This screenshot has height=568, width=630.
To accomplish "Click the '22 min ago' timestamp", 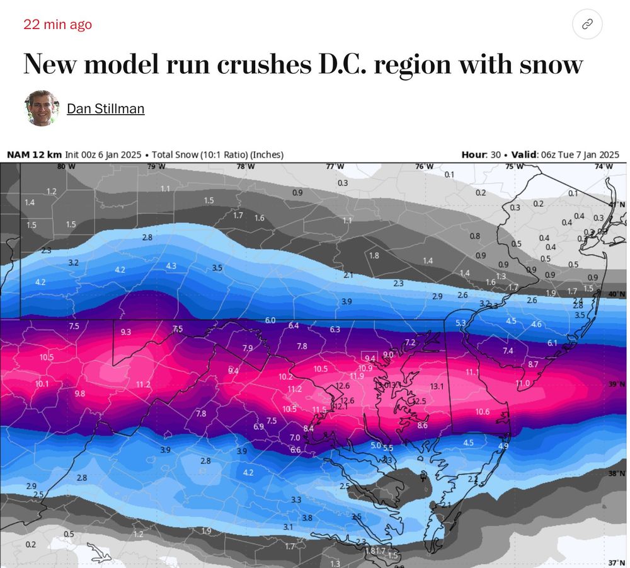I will [57, 25].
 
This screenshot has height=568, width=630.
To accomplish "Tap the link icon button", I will [587, 25].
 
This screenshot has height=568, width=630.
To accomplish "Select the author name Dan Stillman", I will [105, 108].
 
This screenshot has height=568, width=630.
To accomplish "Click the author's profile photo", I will [42, 108].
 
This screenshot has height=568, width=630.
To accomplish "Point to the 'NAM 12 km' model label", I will [34, 154].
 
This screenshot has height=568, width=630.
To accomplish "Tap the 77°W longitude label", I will [335, 166].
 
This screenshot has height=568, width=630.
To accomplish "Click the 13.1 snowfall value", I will [437, 386].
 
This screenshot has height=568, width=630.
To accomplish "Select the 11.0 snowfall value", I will [523, 383].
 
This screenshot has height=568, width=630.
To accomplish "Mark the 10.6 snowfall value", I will [482, 412].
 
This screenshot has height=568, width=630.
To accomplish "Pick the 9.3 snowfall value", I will [126, 332].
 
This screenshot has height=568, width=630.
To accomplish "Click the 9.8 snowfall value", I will [80, 393].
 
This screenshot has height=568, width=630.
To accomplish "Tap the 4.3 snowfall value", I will [171, 266].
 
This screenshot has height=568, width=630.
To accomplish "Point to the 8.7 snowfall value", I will [533, 364].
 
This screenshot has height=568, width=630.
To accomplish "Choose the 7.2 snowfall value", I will [410, 342].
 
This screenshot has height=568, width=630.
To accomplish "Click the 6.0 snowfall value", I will [270, 320].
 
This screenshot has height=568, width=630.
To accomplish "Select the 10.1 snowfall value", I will [42, 384].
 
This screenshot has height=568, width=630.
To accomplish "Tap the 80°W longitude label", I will [62, 166].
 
